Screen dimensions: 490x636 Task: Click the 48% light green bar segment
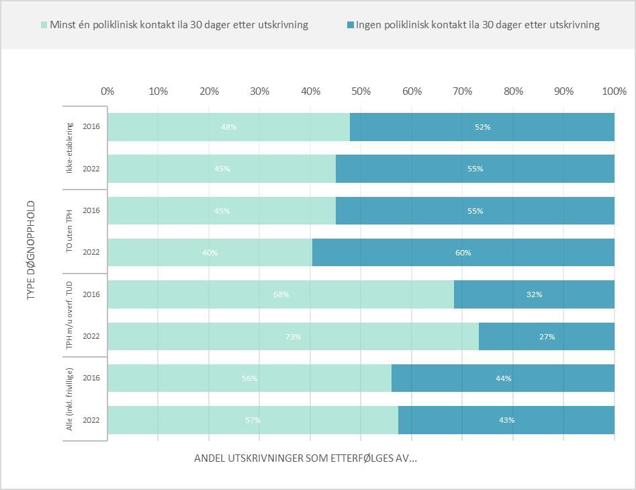(228, 127)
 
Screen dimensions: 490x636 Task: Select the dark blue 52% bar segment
(482, 127)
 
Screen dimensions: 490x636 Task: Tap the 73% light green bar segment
(293, 337)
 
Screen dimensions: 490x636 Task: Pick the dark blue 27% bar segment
(547, 337)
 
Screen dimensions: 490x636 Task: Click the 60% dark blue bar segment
(463, 253)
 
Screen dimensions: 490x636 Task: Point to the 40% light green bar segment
(210, 253)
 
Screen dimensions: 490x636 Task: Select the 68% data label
(281, 294)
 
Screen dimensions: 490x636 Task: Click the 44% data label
(503, 378)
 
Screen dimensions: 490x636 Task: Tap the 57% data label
(253, 420)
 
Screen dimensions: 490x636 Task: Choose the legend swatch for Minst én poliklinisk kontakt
(44, 25)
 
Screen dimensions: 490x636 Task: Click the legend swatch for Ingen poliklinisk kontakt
(350, 25)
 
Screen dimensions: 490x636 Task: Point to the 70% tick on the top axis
(463, 91)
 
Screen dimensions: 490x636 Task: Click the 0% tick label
(107, 91)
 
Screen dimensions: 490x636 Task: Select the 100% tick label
(614, 91)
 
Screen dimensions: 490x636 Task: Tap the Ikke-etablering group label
(70, 148)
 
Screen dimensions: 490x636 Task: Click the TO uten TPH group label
(70, 232)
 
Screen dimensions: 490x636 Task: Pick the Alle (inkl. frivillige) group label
(70, 399)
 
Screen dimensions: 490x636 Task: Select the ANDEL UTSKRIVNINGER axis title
(305, 458)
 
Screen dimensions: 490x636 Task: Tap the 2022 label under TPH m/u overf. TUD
(91, 337)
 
